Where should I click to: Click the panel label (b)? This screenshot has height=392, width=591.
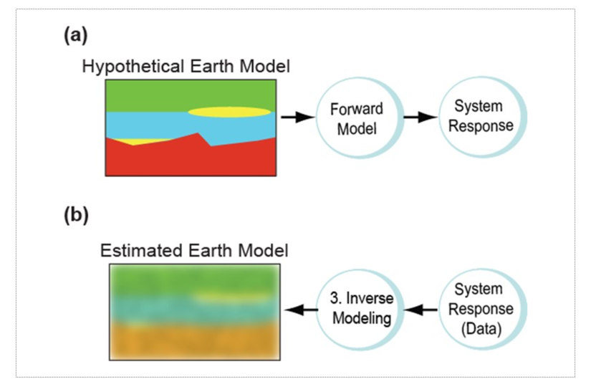[x=76, y=215]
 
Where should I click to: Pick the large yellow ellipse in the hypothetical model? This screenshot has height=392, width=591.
[x=229, y=112]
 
